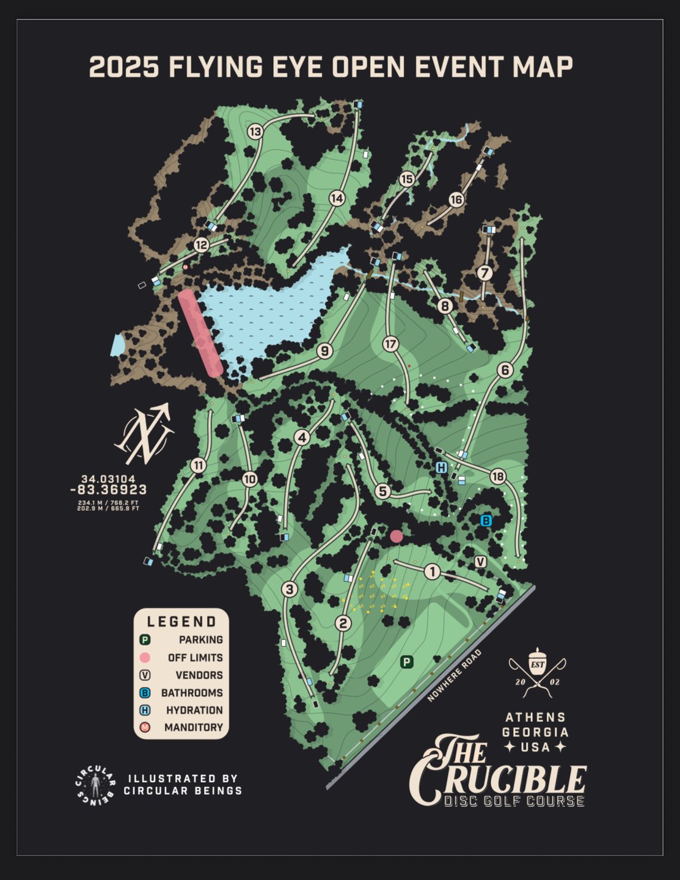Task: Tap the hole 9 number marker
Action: pyautogui.click(x=324, y=351)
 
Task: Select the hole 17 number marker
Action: pyautogui.click(x=390, y=344)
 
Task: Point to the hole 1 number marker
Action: pyautogui.click(x=432, y=572)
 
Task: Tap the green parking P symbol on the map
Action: pyautogui.click(x=406, y=662)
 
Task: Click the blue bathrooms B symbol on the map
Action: pyautogui.click(x=486, y=521)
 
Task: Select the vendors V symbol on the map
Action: pyautogui.click(x=480, y=562)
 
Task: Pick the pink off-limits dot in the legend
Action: pyautogui.click(x=145, y=658)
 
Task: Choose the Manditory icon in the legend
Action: pyautogui.click(x=145, y=727)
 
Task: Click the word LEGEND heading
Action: pyautogui.click(x=181, y=622)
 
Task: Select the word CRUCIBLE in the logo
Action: pyautogui.click(x=498, y=779)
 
